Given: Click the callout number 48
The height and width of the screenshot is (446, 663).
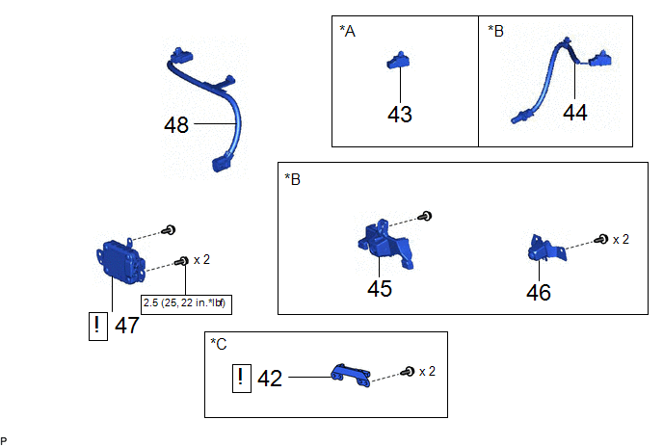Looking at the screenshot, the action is [x=176, y=124].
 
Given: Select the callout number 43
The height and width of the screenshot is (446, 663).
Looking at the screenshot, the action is [x=400, y=114].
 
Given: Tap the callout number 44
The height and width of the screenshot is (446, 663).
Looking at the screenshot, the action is [x=575, y=113].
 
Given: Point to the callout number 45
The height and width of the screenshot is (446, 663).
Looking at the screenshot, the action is [x=380, y=289].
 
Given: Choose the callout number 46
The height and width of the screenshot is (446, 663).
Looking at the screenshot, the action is [x=539, y=292].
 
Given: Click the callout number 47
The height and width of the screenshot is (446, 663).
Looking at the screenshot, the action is [x=127, y=326].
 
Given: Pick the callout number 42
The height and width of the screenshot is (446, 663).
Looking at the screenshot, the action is [x=270, y=379].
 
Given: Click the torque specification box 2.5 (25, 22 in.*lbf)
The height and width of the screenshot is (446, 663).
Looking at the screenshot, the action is [x=186, y=304].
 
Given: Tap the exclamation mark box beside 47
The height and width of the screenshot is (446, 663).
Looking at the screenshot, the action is [x=97, y=327].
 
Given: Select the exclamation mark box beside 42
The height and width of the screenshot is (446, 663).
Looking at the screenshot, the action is [x=242, y=379].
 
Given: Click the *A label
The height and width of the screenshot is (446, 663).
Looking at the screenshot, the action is [x=347, y=31].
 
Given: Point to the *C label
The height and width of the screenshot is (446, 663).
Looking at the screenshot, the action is [x=219, y=344].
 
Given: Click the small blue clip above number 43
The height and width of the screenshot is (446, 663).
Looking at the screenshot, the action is [x=398, y=61].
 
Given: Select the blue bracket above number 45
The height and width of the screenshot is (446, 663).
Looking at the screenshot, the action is [x=385, y=245].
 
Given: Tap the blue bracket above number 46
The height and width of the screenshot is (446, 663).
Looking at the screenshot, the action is [x=546, y=249].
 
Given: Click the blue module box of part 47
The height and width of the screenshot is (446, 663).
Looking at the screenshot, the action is [x=120, y=261].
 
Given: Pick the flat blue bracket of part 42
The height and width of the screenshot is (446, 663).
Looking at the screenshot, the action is [x=351, y=376].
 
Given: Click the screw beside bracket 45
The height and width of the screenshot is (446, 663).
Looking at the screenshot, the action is [x=425, y=217].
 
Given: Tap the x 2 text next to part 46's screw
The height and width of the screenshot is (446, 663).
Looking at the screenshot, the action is [x=621, y=240].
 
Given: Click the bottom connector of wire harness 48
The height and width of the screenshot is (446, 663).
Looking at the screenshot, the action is [x=223, y=162].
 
